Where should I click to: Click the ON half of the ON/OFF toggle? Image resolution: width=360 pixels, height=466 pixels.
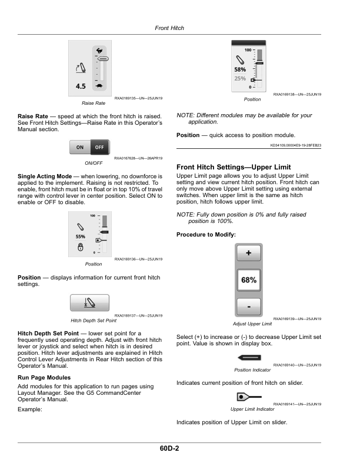coord(80,147)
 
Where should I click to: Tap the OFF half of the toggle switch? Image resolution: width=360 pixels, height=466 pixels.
coord(100,147)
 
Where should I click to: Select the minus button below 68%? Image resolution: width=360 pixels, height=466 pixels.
coord(249,307)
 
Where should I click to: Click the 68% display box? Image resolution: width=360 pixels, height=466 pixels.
coord(249,280)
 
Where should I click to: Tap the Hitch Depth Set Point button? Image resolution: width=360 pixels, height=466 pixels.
coord(89,303)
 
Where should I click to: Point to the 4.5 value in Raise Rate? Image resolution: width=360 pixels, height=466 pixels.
coord(81,86)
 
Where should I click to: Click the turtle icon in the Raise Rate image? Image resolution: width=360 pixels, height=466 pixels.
coord(99,86)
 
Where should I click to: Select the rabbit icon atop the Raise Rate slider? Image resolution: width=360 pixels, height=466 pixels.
coord(99,50)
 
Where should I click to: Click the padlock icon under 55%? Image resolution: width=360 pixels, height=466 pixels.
coord(80,247)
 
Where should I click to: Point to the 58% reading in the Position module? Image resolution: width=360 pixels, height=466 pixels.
coord(240,69)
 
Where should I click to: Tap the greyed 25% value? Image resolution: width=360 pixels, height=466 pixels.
coord(240,78)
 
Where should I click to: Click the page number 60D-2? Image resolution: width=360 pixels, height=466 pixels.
coord(169,448)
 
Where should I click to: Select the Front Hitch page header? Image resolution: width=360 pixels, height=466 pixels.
coord(169,28)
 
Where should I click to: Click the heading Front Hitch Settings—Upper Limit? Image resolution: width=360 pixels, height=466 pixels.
coord(234,167)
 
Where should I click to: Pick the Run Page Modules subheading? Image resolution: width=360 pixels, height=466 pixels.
coord(44,377)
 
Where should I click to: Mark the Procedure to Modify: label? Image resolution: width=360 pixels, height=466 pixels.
coord(206,235)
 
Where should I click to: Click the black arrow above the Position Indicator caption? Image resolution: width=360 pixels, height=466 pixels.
coord(249,358)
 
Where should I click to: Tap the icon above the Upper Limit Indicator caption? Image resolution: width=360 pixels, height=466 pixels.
coord(249,397)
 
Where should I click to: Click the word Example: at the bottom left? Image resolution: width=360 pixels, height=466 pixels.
coord(29,410)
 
